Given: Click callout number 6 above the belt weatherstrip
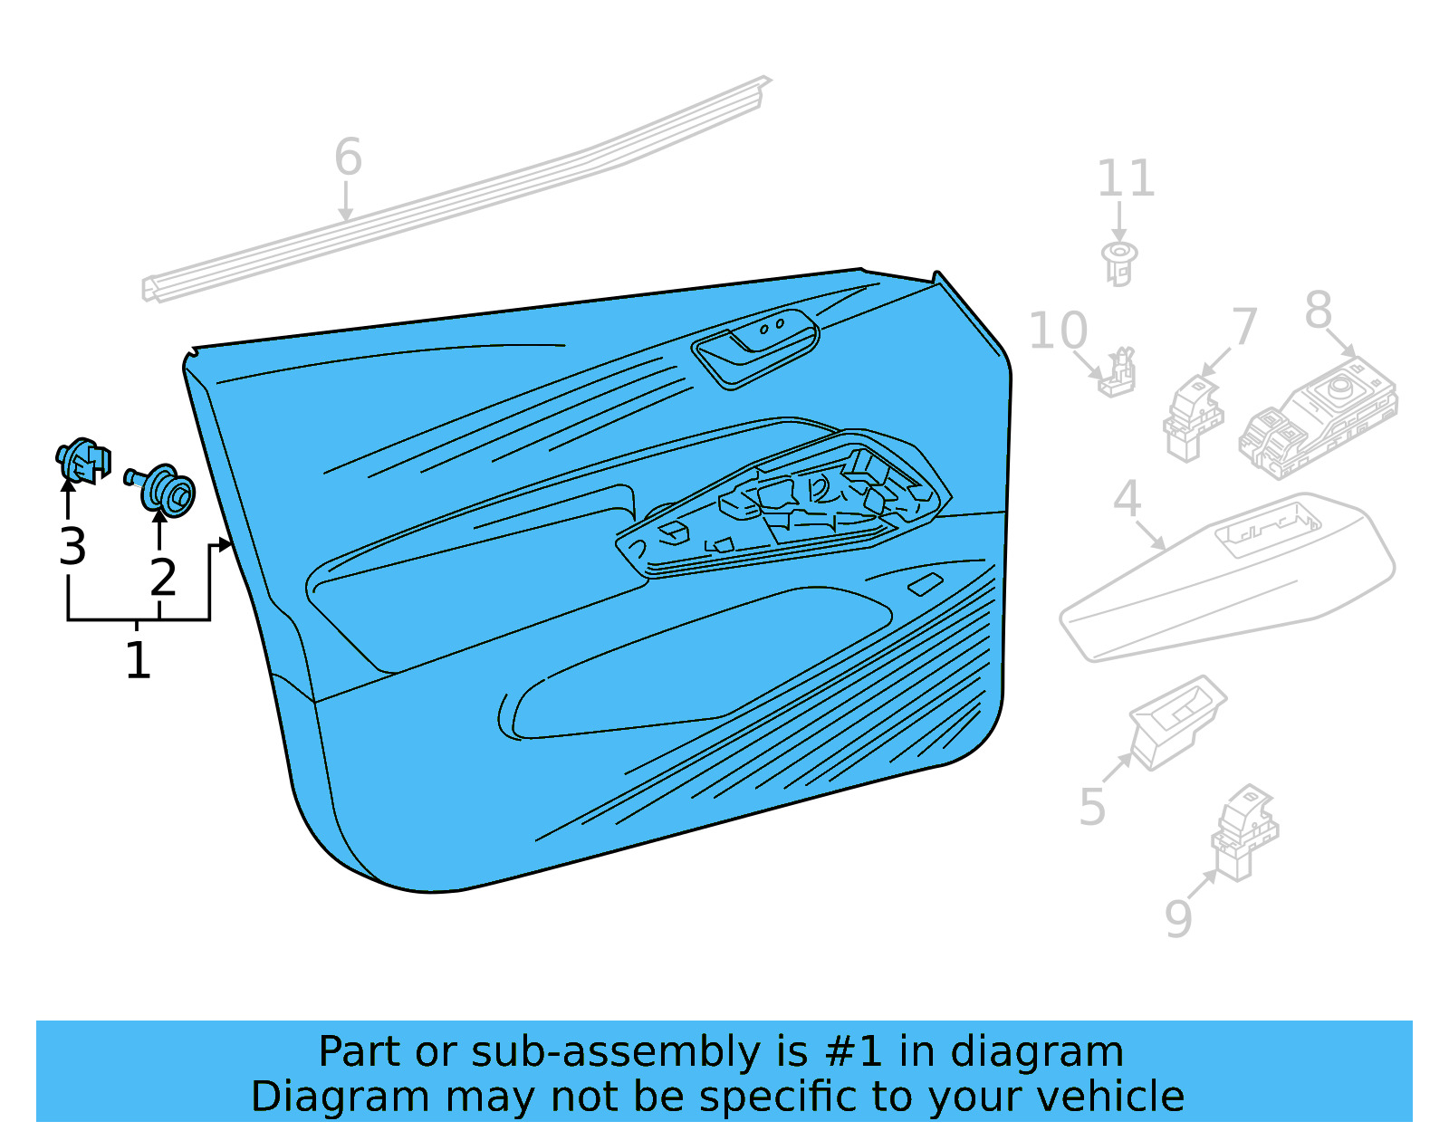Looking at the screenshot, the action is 348,158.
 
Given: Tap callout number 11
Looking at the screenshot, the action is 1126,178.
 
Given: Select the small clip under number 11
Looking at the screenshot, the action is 1119,263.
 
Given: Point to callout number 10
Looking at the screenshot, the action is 1059,331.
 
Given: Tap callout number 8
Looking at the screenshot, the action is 1319,310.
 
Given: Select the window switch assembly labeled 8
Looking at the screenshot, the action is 1318,417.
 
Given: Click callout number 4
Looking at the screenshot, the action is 1127,499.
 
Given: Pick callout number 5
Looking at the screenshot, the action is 1092,807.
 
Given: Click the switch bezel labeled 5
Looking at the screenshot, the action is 1177,723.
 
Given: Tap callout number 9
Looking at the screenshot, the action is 1177,919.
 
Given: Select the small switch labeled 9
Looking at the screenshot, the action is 1244,833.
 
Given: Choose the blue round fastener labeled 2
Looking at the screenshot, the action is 160,490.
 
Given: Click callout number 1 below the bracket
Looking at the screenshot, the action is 138,660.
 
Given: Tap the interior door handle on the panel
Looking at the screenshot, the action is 756,349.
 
